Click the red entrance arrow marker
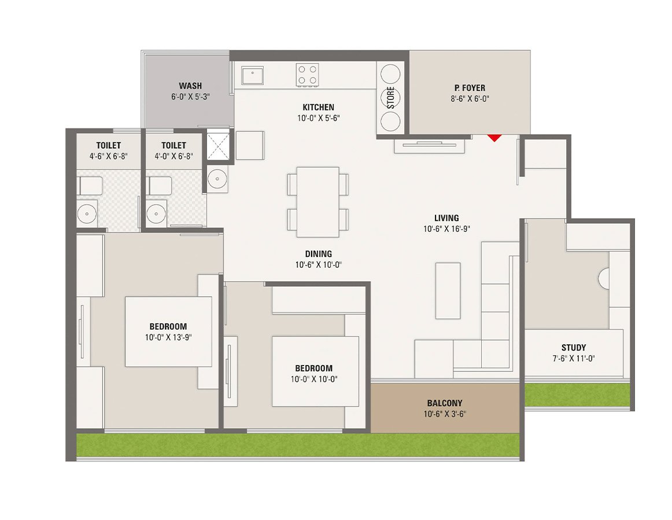pos(493,138)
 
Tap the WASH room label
pos(190,86)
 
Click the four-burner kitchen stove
pos(307,75)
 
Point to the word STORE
pos(390,97)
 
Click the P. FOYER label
pos(470,88)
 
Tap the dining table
pos(317,202)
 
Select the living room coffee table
pos(448,290)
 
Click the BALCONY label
pos(445,403)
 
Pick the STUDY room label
pos(573,348)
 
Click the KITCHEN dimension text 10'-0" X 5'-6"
pos(318,118)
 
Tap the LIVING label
pos(446,218)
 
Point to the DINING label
pos(319,254)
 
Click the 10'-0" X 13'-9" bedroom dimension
pos(168,337)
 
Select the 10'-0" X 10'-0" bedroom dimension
pos(313,379)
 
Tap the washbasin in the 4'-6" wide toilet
pos(87,213)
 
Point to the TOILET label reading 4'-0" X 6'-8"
pos(173,146)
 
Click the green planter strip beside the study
pos(576,395)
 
